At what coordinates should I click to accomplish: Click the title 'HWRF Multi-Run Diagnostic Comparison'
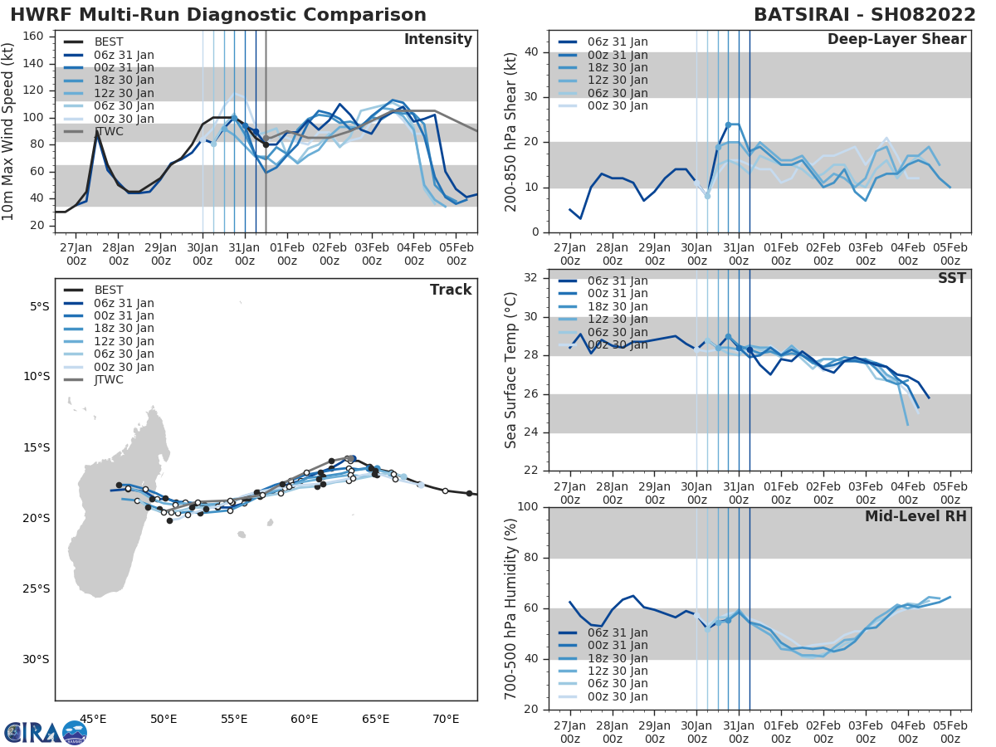(218, 15)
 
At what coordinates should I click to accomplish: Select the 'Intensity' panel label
(437, 40)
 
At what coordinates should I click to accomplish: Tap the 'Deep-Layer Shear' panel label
(896, 40)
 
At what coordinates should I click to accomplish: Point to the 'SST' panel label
(951, 278)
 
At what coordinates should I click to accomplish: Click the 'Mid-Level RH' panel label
(915, 516)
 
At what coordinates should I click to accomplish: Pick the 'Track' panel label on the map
(451, 290)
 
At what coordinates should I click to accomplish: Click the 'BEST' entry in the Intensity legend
(109, 41)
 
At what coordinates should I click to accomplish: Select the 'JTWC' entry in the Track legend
(109, 380)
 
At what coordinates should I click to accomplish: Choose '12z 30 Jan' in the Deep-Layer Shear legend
(618, 81)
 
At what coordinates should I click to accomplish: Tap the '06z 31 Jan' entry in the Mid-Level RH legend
(618, 632)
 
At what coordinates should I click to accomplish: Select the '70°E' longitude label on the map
(446, 719)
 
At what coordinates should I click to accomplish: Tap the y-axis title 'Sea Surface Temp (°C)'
(510, 371)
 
